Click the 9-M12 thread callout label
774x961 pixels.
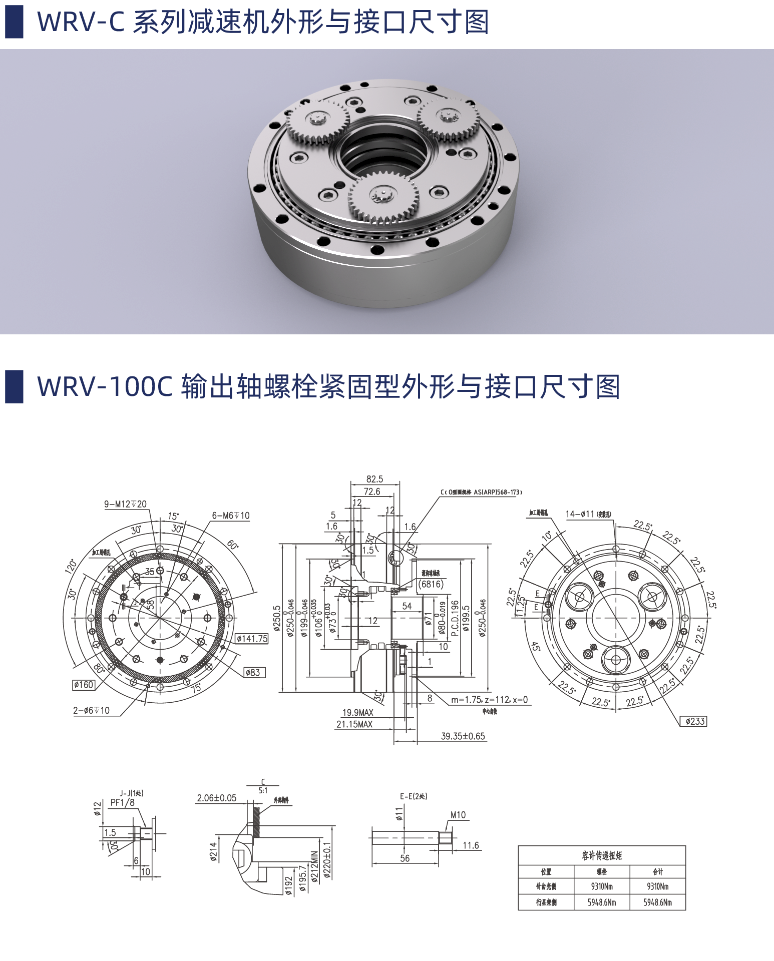click(x=125, y=504)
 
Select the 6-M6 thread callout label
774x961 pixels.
click(x=230, y=516)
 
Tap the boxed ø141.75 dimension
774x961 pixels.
click(x=252, y=639)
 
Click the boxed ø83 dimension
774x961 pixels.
click(x=254, y=673)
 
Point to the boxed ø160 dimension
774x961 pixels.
click(x=84, y=685)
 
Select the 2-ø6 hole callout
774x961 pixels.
click(x=91, y=710)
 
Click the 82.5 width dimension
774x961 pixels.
click(x=374, y=479)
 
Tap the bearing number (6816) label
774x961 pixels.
click(x=431, y=584)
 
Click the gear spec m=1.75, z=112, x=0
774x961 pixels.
click(x=489, y=700)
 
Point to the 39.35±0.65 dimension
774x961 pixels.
click(x=463, y=736)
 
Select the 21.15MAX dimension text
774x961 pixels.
click(x=354, y=724)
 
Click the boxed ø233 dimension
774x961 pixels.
click(x=694, y=721)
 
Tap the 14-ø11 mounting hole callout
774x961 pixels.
click(x=588, y=514)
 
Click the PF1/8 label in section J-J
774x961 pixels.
click(x=122, y=802)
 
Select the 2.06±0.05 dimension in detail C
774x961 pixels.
click(x=216, y=798)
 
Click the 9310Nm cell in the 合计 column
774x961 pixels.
click(x=657, y=886)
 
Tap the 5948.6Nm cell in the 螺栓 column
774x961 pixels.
click(x=602, y=902)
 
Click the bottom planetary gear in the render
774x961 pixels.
click(x=383, y=197)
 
